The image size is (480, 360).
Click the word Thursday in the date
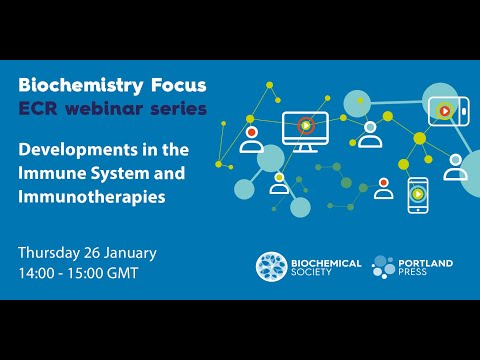coord(54,249)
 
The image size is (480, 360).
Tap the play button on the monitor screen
coord(306,125)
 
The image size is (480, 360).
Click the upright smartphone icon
coord(418,195)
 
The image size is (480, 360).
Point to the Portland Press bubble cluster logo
coord(383,267)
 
